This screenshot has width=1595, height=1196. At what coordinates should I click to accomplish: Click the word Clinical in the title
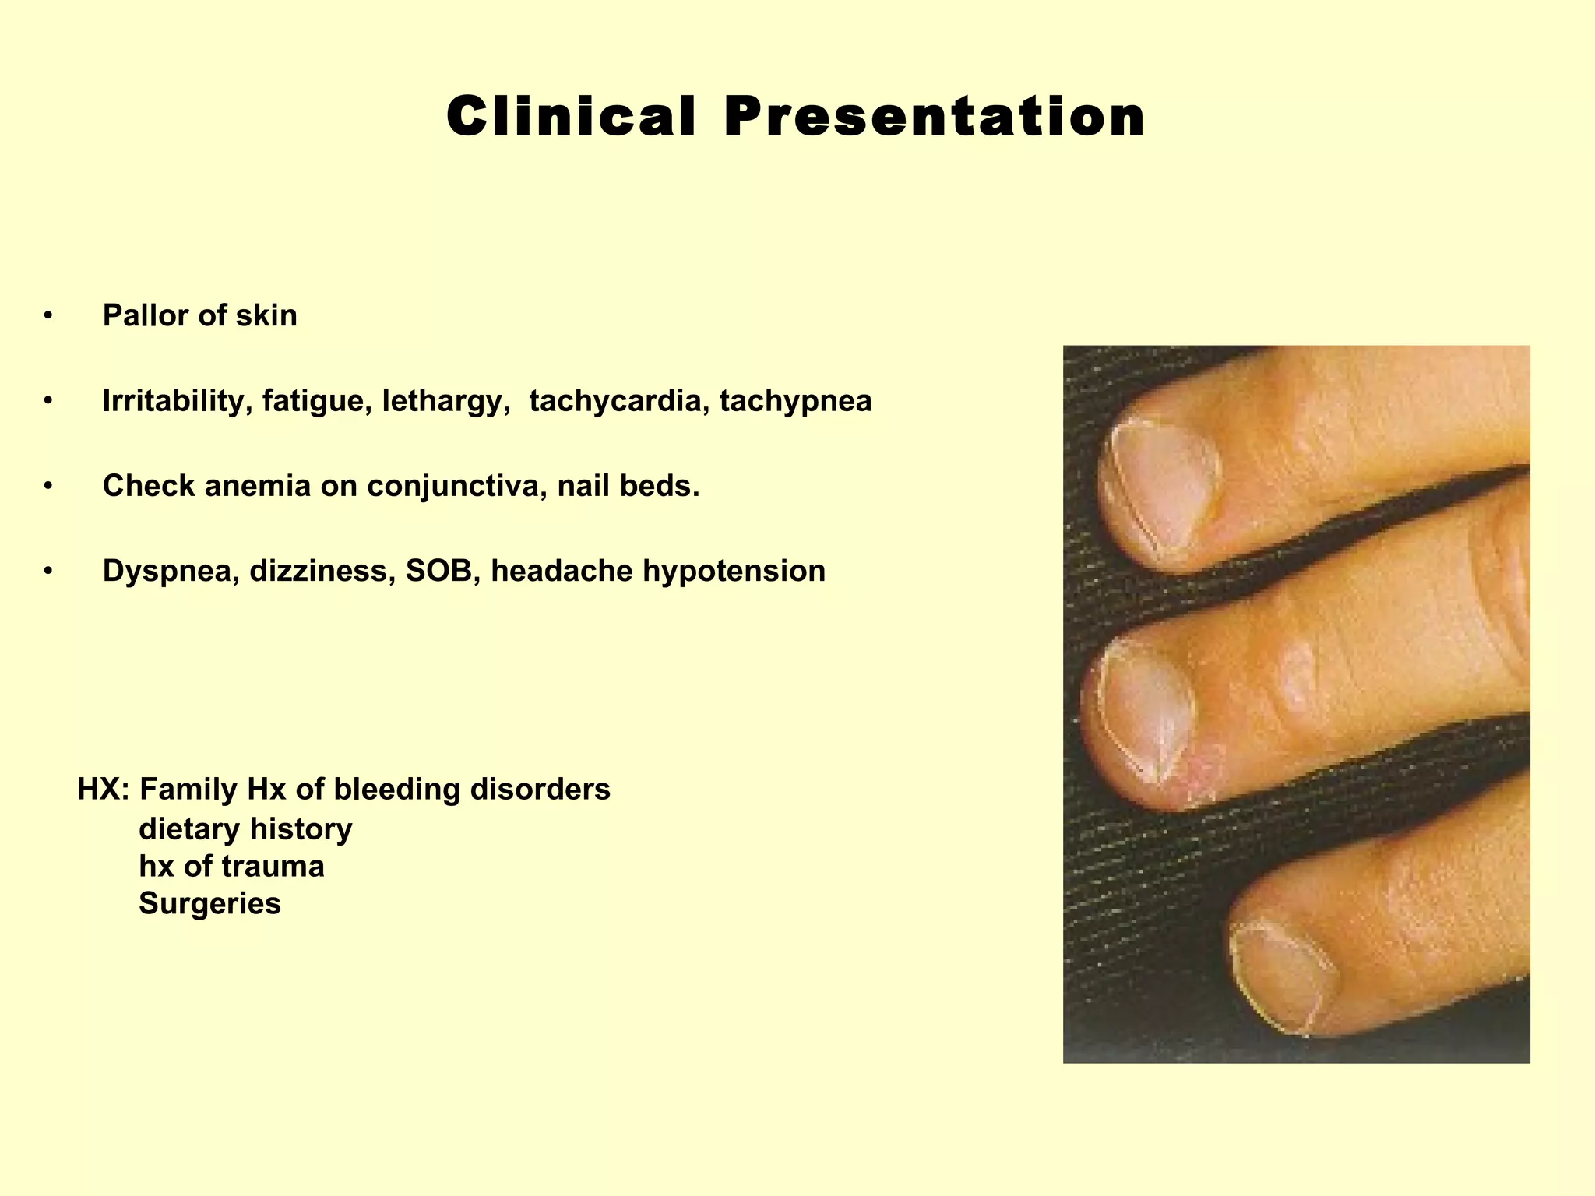pyautogui.click(x=571, y=117)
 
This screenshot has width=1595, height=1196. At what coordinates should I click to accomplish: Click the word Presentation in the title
pyautogui.click(x=935, y=117)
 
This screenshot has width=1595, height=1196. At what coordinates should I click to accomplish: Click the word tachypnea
pyautogui.click(x=795, y=401)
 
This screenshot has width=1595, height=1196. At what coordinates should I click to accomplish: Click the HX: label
pyautogui.click(x=104, y=790)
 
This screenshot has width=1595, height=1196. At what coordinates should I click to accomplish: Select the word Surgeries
pyautogui.click(x=209, y=904)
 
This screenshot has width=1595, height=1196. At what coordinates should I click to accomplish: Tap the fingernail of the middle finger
pyautogui.click(x=1145, y=712)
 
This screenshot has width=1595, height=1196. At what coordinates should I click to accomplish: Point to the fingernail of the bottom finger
pyautogui.click(x=1277, y=977)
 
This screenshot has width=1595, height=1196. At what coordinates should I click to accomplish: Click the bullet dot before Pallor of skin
pyautogui.click(x=48, y=316)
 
